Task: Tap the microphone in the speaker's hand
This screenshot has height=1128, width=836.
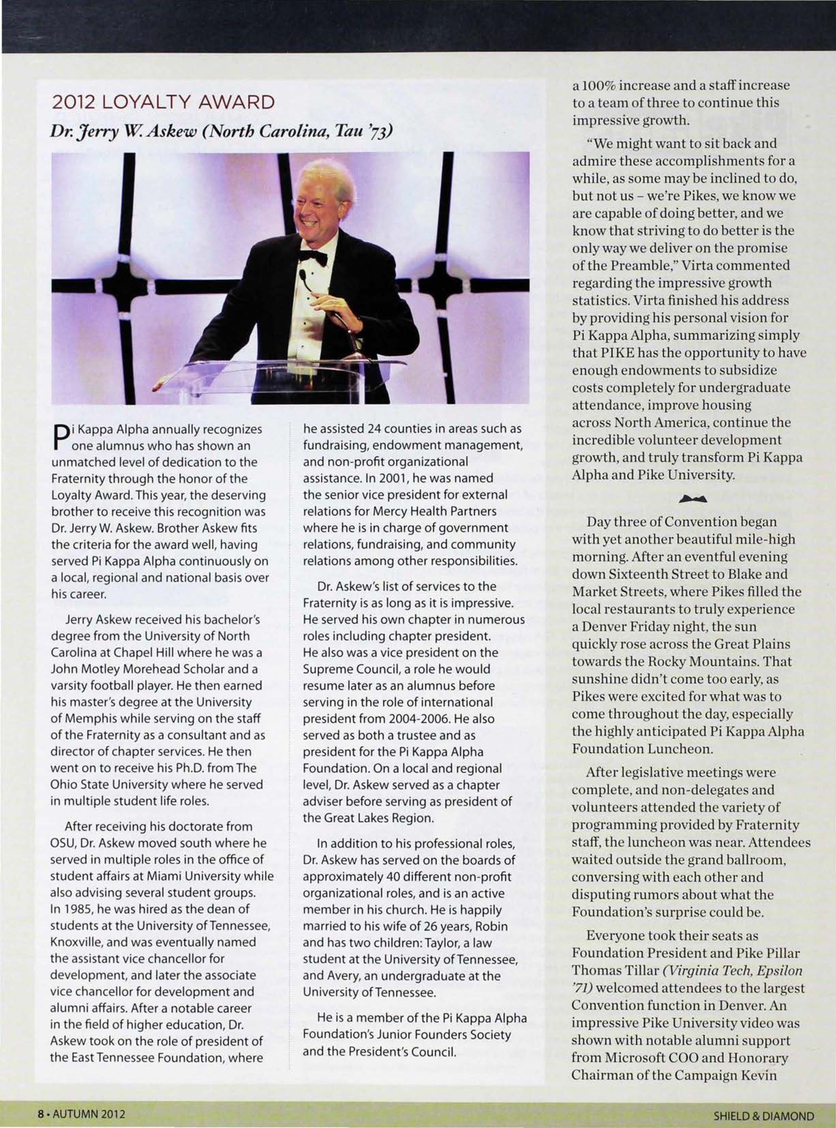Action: tap(304, 277)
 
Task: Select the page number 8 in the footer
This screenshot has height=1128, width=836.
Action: tap(40, 1114)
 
